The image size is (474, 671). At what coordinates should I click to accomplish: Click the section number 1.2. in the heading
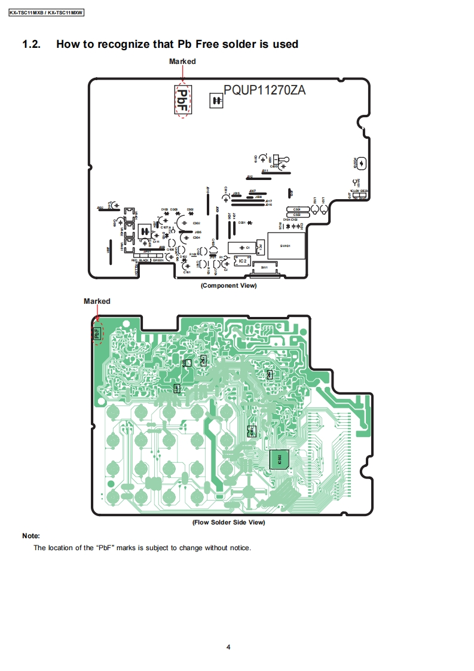(31, 44)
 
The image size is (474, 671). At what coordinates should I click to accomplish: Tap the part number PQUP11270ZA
(265, 91)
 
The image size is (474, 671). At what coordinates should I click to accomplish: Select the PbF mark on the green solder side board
(96, 331)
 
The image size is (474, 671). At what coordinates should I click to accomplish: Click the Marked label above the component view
(182, 61)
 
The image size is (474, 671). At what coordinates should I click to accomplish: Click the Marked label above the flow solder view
(97, 301)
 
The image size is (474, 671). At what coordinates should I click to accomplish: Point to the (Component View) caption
(228, 285)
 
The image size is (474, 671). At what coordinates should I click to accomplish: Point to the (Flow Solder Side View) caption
(228, 522)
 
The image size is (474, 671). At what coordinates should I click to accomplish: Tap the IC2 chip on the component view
(242, 261)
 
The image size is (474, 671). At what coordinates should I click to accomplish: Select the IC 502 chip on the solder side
(280, 458)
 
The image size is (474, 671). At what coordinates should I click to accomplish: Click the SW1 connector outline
(265, 268)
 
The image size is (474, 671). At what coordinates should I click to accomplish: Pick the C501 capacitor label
(296, 209)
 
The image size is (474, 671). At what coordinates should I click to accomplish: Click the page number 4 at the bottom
(228, 646)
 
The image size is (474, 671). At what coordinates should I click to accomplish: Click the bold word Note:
(31, 536)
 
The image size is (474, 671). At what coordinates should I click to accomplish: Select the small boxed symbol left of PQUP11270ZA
(216, 101)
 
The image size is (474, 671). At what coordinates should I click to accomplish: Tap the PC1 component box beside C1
(259, 246)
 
